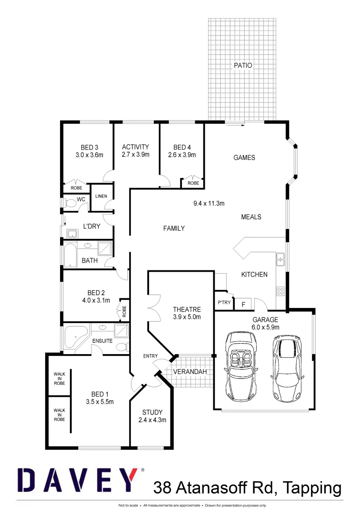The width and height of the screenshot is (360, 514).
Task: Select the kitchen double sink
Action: pos(281,260)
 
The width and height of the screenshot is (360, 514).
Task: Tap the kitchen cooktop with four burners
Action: pos(281,292)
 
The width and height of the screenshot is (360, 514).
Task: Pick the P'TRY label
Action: pos(224,303)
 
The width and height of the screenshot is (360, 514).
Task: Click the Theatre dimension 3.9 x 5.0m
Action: pos(187,317)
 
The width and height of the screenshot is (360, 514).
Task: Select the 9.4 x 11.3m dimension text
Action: pos(209,203)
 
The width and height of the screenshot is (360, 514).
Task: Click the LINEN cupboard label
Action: pos(101,196)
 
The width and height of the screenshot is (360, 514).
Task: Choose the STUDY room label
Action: pos(152,412)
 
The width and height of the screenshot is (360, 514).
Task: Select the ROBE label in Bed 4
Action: pos(193,183)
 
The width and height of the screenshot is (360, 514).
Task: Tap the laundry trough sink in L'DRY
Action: pos(73,233)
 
